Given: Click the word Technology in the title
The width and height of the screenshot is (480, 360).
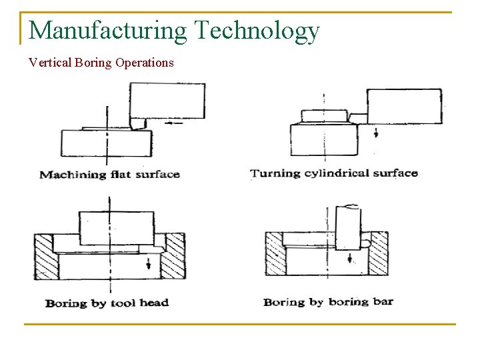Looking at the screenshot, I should [257, 31].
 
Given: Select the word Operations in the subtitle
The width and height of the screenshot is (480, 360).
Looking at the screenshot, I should [144, 63].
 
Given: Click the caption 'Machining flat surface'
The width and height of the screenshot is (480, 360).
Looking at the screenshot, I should [109, 175].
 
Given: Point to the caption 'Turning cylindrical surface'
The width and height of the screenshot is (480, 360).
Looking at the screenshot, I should [334, 173].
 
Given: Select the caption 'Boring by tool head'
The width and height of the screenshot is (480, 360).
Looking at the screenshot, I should [107, 303].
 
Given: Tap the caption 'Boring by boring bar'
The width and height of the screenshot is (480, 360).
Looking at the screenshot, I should [329, 302].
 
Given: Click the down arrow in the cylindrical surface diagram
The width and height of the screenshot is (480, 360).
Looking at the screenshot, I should [376, 133].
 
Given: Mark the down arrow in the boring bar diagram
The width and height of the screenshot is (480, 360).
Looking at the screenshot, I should [349, 257].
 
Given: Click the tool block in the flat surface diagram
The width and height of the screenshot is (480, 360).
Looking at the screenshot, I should [167, 100].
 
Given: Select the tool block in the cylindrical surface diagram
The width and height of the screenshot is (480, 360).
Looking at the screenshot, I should [404, 106].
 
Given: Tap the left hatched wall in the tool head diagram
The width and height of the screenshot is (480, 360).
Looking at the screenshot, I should [46, 256].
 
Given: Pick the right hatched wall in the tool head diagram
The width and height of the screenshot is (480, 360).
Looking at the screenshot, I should [175, 256].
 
